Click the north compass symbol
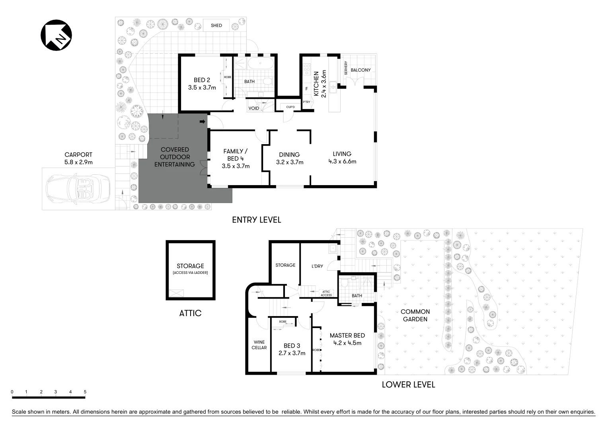[57, 35]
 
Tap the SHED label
[216, 25]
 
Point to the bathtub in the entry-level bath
[259, 64]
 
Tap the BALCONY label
[361, 70]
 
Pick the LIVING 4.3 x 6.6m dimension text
[342, 161]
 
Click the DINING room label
[289, 154]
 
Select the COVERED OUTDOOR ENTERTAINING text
[175, 157]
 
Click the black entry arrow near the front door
[203, 121]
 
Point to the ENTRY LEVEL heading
[257, 220]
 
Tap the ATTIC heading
[190, 313]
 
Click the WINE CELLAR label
[259, 345]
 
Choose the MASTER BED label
[347, 335]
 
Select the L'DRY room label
[317, 266]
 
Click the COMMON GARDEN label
[415, 315]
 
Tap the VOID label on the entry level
[253, 108]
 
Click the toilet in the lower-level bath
[345, 283]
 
